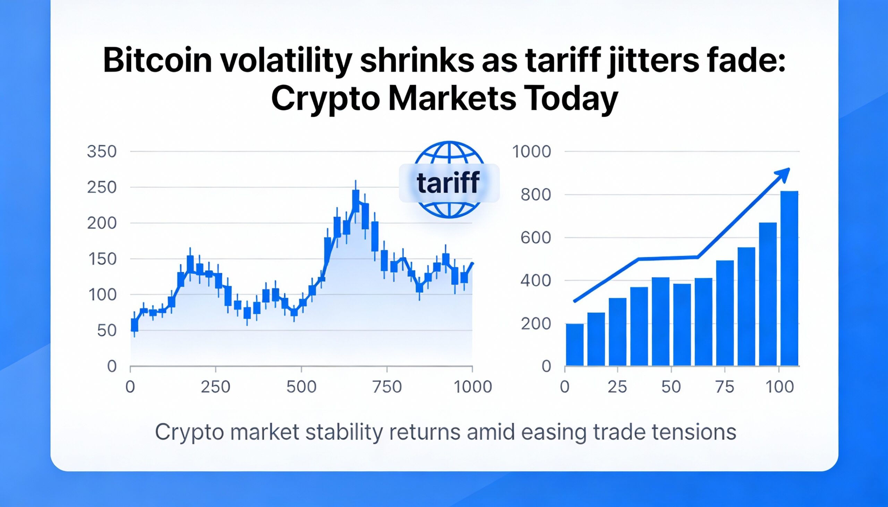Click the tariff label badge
click(x=449, y=183)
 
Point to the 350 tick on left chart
click(x=101, y=152)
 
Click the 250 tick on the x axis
click(x=215, y=387)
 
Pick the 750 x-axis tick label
click(x=387, y=387)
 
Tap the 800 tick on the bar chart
click(x=536, y=195)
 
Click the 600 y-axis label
click(x=536, y=238)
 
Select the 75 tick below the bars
click(x=725, y=387)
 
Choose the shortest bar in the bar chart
click(x=575, y=344)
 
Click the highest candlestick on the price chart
click(x=356, y=201)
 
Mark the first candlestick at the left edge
click(x=135, y=324)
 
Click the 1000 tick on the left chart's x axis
click(x=473, y=387)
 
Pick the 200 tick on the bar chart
click(x=536, y=324)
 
